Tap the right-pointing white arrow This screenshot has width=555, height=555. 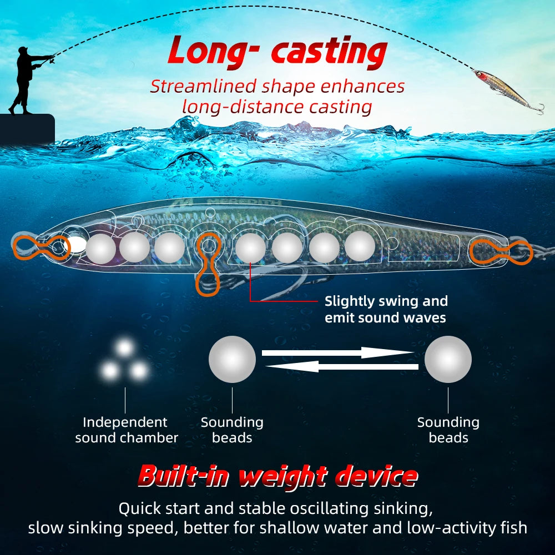click(337, 352)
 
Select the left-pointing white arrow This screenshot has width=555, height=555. click(341, 366)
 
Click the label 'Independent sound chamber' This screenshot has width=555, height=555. click(126, 430)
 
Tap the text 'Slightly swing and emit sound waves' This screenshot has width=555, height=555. click(386, 310)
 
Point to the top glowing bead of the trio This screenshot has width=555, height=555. click(125, 348)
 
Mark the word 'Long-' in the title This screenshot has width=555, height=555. click(211, 52)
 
